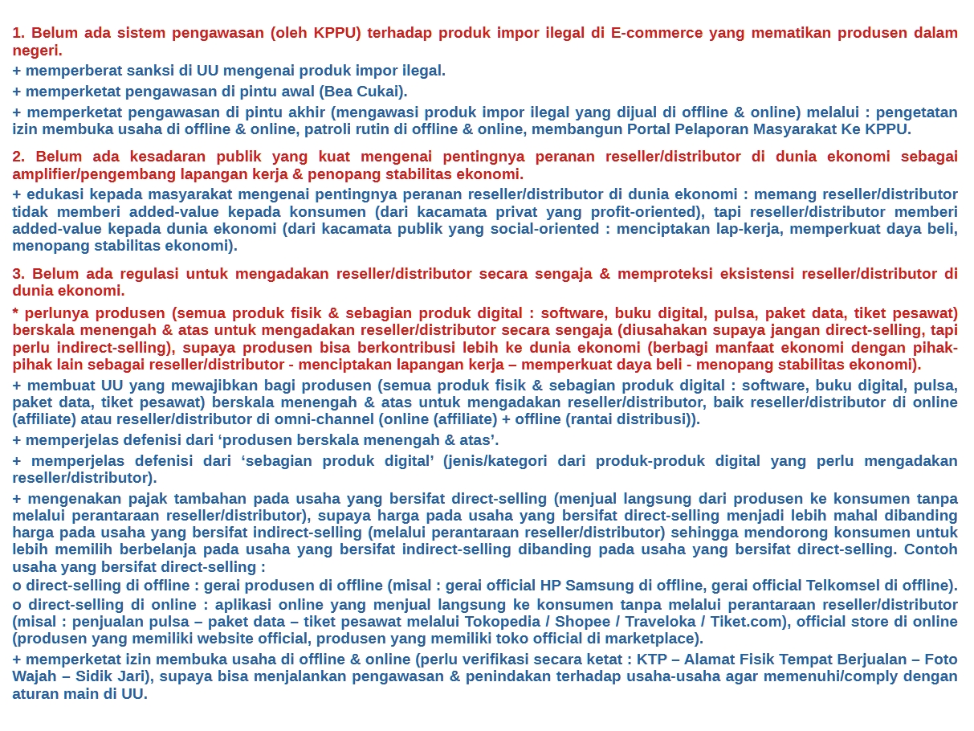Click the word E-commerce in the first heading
pos(657,33)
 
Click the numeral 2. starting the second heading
pos(19,157)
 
